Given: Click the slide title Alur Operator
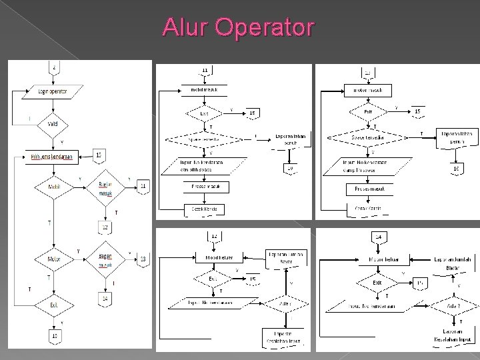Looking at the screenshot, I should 239,28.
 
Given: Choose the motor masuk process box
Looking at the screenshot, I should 367,89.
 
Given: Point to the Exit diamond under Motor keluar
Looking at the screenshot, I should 377,283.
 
